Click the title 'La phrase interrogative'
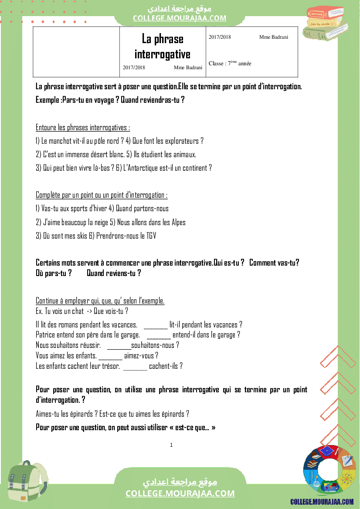[x=162, y=46]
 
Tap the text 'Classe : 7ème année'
[x=230, y=64]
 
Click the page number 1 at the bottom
[x=171, y=445]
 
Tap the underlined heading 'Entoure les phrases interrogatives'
[x=83, y=128]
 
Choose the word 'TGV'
[x=150, y=236]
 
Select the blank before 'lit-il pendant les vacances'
[x=155, y=326]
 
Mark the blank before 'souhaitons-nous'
[x=119, y=347]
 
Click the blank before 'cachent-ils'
[x=135, y=367]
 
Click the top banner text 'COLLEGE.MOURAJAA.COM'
[x=180, y=18]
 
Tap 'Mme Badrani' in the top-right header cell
[x=273, y=37]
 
